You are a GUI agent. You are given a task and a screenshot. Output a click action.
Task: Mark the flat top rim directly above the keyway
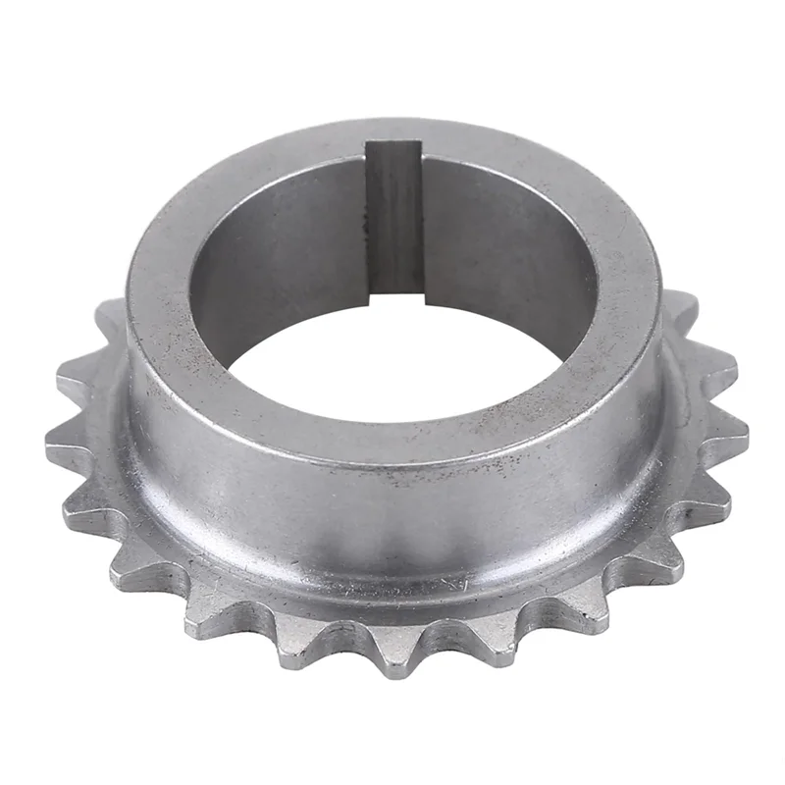pyautogui.click(x=394, y=132)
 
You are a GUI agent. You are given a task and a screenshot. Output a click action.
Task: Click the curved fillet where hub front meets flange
pyautogui.click(x=392, y=579)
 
